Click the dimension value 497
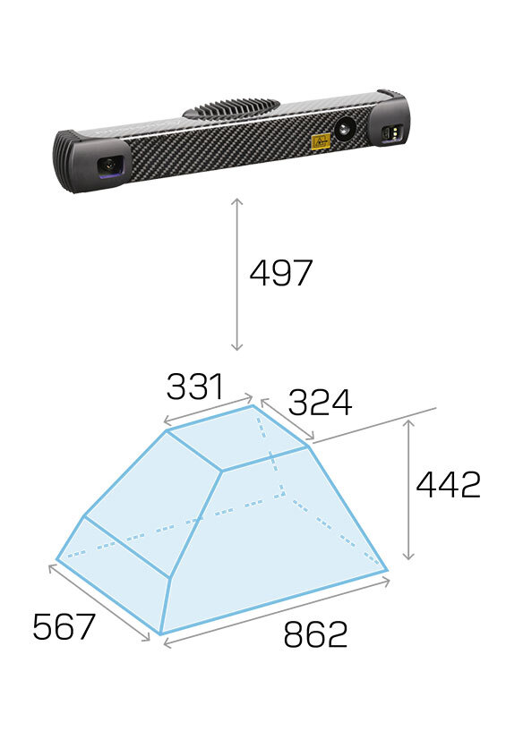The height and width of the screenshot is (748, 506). click(x=280, y=273)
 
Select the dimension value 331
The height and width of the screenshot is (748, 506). click(x=194, y=387)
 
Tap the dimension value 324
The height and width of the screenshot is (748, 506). click(x=320, y=403)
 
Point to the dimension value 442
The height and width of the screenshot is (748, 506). click(x=448, y=485)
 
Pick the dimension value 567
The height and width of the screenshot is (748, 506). click(x=64, y=627)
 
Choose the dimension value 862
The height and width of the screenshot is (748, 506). click(x=315, y=634)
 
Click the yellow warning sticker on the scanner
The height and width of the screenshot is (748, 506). click(x=321, y=141)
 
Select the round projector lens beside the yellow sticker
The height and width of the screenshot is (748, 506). click(x=345, y=128)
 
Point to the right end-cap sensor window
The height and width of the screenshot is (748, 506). click(x=392, y=133)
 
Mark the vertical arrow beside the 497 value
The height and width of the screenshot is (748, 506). click(x=237, y=275)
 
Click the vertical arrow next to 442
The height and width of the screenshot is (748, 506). click(x=408, y=490)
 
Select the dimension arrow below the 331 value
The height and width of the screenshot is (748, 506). click(x=208, y=409)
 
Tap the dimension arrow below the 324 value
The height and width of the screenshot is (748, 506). click(x=287, y=419)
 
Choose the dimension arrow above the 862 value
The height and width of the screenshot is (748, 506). click(x=277, y=613)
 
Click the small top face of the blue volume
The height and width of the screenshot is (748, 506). click(x=237, y=438)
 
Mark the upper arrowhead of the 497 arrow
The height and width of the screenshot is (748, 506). click(x=237, y=202)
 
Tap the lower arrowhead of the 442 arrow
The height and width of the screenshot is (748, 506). click(x=408, y=557)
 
